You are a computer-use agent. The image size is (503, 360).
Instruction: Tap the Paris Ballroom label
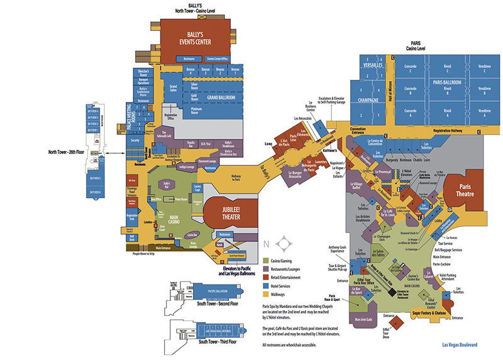[x=448, y=82]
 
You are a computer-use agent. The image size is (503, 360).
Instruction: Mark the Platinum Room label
[x=199, y=111]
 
